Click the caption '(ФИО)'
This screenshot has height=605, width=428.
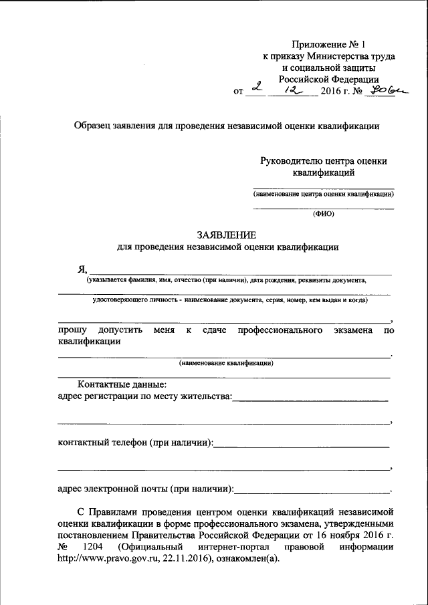[323, 215]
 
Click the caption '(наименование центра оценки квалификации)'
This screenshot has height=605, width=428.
[323, 195]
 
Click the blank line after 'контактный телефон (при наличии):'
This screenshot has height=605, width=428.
[302, 445]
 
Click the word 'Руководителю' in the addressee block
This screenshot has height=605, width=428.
[290, 160]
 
